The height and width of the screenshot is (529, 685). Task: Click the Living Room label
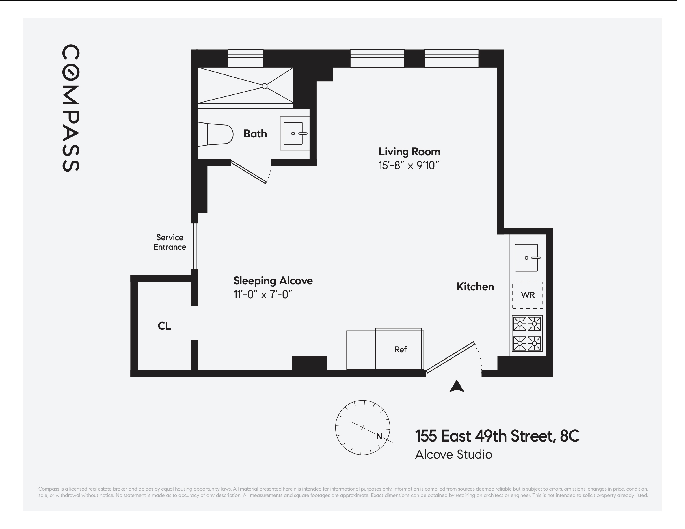pos(409,152)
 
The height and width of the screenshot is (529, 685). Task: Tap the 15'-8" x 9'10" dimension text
pos(408,165)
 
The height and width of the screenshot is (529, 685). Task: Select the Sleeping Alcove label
pos(273,281)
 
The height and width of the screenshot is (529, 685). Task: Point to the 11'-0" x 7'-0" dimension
pos(263,295)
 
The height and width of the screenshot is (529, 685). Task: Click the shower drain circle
pos(265,86)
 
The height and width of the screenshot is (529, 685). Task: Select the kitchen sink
pos(526,258)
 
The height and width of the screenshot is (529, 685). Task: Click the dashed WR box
pos(528,295)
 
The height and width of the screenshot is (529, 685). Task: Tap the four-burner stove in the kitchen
pos(527,333)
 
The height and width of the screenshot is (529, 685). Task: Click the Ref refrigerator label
pos(401,349)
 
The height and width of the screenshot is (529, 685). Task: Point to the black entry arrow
pos(456,387)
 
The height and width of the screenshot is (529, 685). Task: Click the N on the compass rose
pos(379,437)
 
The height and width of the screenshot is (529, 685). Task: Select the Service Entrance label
pos(170,242)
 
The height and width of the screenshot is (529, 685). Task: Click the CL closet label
pos(164,326)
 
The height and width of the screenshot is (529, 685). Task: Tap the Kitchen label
pos(475,287)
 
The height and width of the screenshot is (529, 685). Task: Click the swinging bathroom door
pos(249,172)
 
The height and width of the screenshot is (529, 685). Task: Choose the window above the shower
pos(245,58)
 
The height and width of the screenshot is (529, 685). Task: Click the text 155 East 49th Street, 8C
pos(497,436)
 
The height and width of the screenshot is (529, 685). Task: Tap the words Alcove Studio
pos(453,455)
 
